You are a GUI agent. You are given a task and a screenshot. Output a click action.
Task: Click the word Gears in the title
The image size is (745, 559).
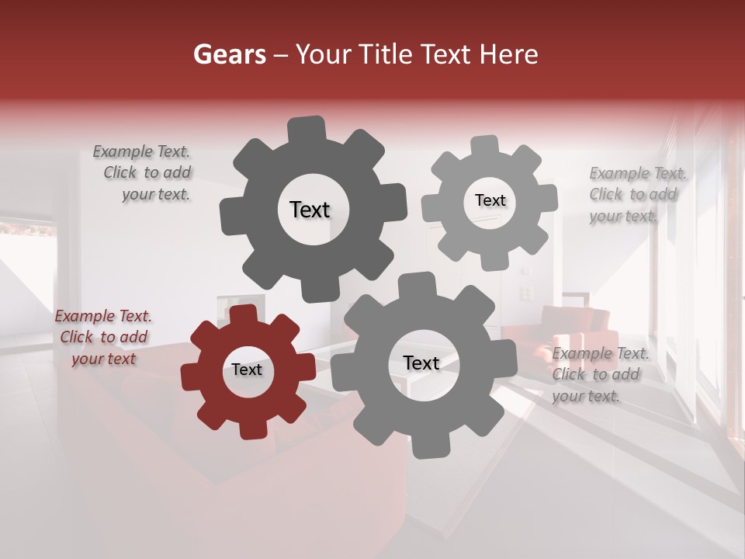pos(228,54)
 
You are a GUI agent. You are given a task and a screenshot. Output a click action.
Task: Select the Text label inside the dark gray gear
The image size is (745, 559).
pos(310,210)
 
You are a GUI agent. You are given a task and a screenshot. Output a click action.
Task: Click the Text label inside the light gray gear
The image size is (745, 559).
pos(490,200)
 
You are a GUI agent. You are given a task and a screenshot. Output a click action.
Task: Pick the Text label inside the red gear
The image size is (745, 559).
pos(247,370)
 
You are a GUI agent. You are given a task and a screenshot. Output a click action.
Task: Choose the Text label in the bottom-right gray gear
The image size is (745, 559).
pos(421,363)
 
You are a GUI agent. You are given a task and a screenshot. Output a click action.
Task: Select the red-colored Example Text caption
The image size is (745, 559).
pos(103,337)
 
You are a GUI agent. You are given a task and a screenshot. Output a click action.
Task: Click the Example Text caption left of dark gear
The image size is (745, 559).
pos(143,173)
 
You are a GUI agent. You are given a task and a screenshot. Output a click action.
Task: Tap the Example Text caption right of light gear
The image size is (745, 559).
pos(636,195)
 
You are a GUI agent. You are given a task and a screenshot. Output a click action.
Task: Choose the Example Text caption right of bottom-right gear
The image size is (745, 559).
pos(599,374)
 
